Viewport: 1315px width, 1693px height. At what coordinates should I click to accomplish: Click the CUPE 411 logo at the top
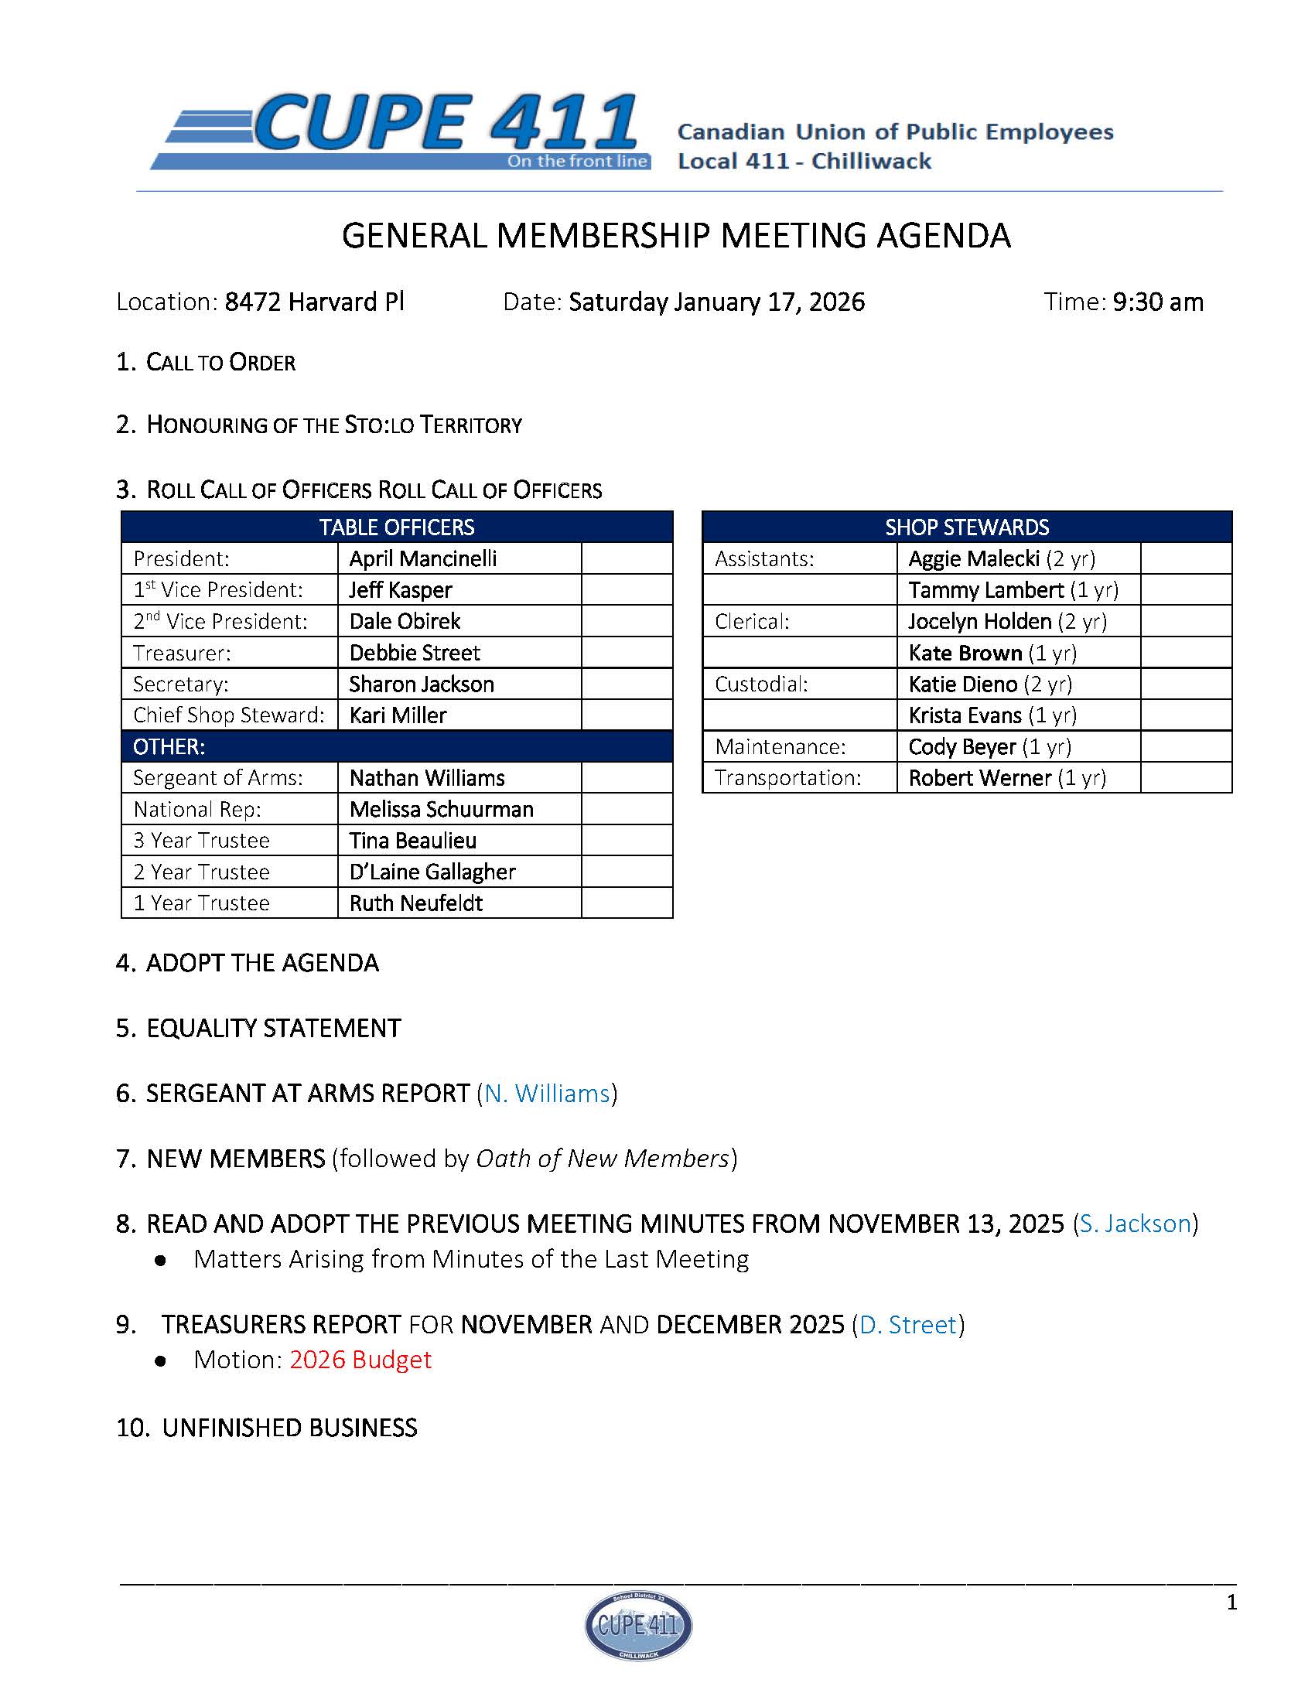tap(400, 131)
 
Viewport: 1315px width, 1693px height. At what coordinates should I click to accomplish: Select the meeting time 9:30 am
tap(1158, 302)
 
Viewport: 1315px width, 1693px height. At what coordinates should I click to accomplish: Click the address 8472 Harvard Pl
tap(314, 302)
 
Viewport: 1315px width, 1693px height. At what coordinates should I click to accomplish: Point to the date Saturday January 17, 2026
tap(716, 302)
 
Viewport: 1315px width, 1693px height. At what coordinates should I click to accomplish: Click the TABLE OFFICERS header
tap(396, 527)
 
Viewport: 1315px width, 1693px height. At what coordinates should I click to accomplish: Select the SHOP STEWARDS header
tap(966, 527)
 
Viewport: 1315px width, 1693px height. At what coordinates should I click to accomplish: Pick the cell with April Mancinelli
tap(422, 559)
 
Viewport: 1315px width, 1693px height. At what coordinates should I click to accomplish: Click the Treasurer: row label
tap(182, 653)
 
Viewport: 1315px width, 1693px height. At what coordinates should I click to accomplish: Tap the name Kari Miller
tap(398, 715)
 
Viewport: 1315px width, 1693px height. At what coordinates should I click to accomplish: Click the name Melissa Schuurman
tap(441, 809)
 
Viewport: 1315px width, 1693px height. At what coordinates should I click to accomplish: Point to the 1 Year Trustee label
tap(201, 903)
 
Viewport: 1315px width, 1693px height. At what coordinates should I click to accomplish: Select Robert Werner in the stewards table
tap(979, 777)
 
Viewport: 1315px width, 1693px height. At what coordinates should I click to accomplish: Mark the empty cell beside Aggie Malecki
tap(1186, 559)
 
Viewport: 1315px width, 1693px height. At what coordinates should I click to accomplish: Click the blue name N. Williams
tap(547, 1093)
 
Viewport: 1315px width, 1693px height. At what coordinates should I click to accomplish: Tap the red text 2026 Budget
tap(360, 1359)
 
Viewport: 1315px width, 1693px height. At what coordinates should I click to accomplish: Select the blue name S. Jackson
tap(1134, 1224)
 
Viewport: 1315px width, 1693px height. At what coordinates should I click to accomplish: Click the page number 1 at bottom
tap(1231, 1603)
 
